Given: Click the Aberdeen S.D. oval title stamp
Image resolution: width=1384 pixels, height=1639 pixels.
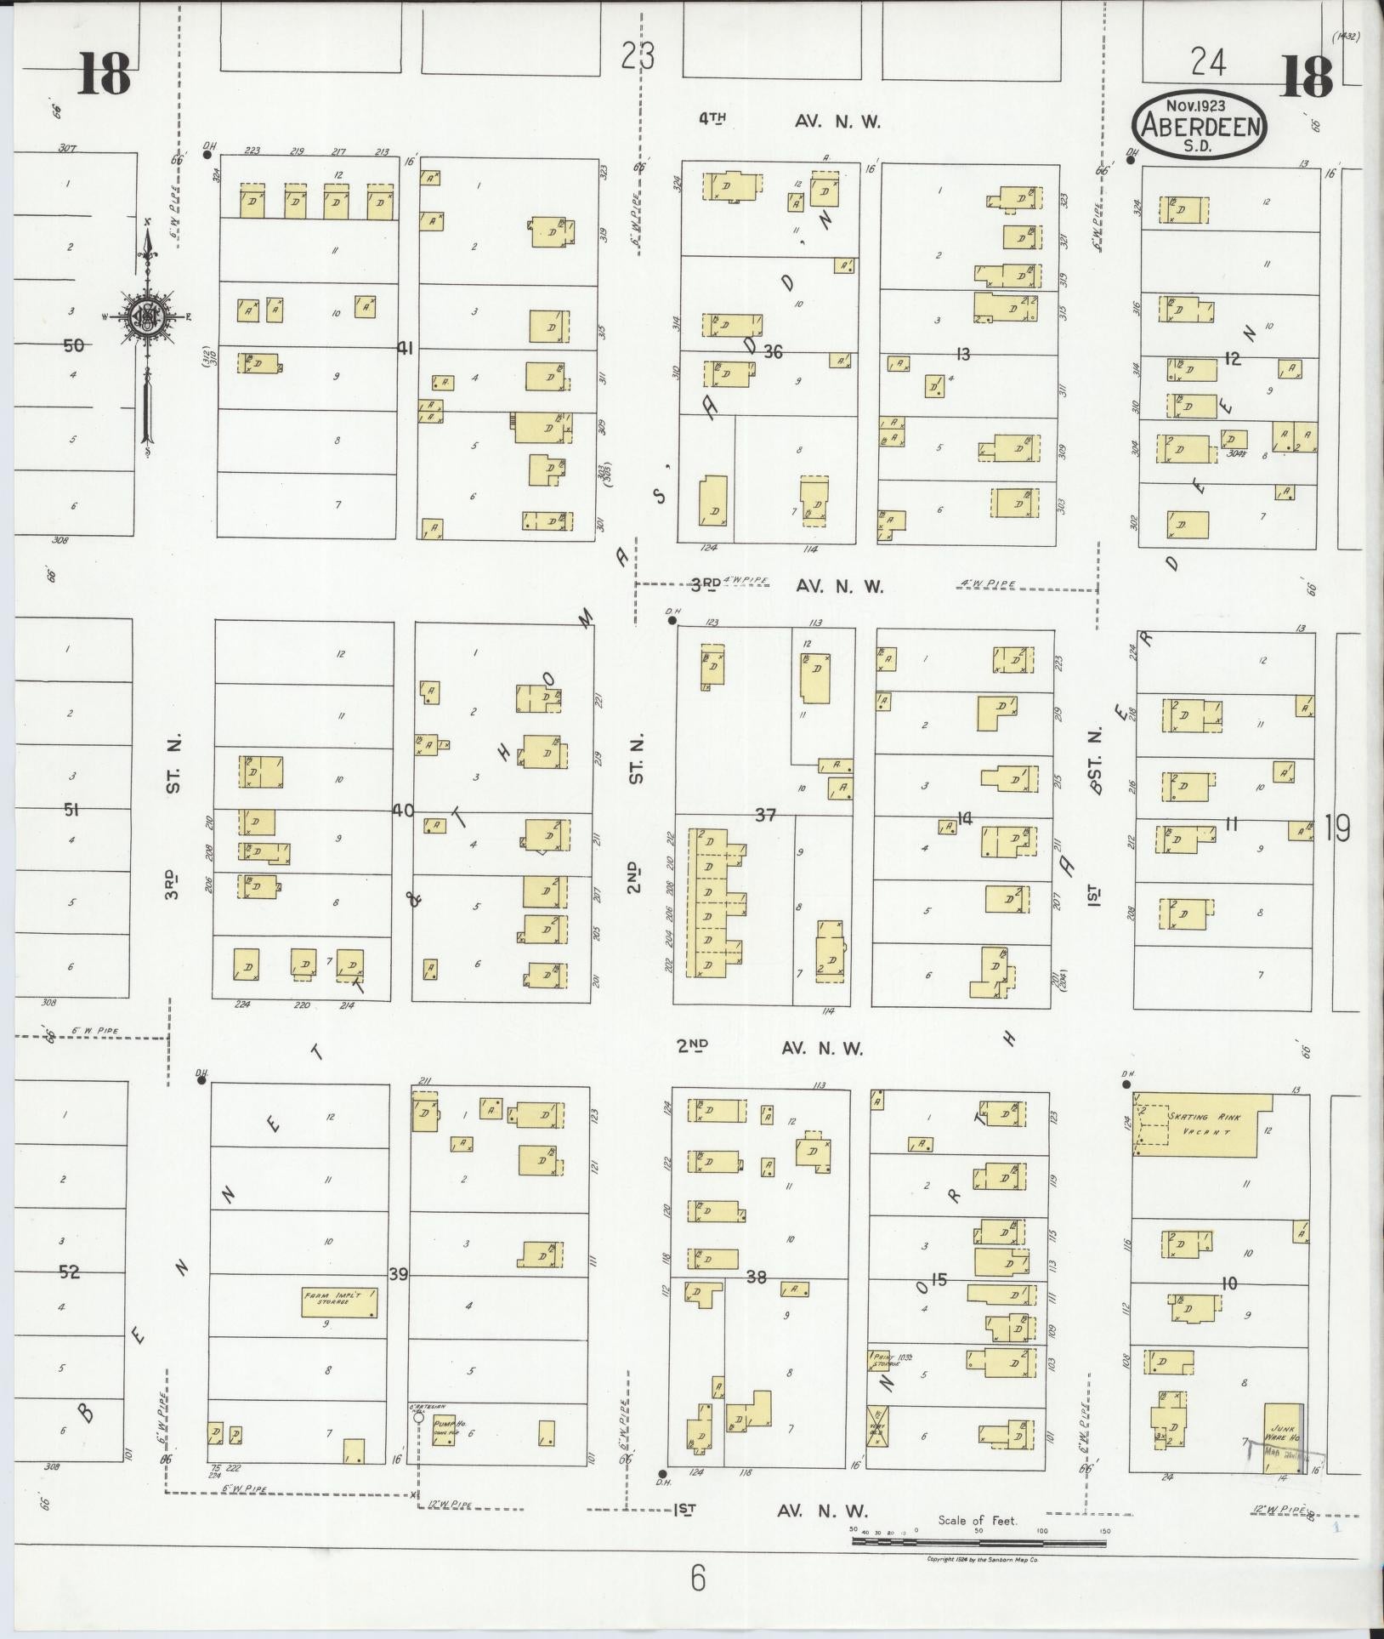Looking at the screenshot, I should click(1199, 124).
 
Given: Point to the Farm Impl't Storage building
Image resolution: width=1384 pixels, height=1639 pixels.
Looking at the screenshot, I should click(338, 1302).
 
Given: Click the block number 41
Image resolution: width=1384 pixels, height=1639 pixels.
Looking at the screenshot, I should click(406, 347).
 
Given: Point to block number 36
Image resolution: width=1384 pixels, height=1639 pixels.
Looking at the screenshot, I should click(772, 350).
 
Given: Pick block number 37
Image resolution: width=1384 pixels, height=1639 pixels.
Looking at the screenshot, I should click(766, 816).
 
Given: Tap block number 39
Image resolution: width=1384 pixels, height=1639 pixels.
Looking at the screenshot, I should click(399, 1274).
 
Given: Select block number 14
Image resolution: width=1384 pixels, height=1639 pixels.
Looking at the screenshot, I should click(964, 818).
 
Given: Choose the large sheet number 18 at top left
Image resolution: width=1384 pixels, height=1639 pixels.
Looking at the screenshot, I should click(105, 74).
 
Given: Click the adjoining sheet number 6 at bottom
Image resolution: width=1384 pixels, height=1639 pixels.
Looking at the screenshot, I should click(698, 1579).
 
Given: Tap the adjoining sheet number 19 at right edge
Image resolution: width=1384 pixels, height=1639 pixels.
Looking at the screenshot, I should click(1338, 827).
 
